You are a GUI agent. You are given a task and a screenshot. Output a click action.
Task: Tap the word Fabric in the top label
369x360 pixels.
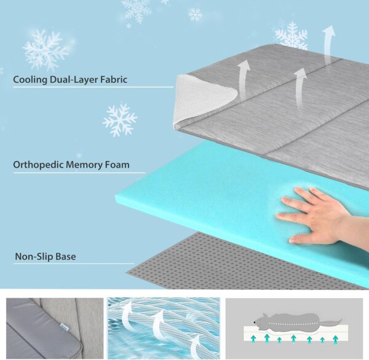111,79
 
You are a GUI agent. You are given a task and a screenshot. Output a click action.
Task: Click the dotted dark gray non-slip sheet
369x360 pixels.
203,264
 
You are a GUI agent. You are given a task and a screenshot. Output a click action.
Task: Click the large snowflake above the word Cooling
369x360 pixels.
46,49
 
